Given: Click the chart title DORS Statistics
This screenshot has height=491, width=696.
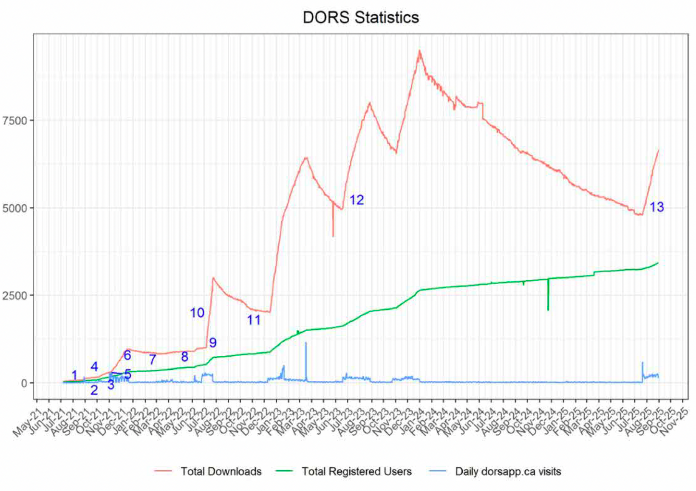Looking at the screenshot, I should point(361,17).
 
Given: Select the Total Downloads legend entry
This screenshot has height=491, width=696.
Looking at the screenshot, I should point(221,471).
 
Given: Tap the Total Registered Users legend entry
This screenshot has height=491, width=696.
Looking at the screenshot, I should point(356,471).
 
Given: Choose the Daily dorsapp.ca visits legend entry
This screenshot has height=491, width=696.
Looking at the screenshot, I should point(508,471).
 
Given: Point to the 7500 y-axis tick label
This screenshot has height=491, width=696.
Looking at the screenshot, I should point(15,120).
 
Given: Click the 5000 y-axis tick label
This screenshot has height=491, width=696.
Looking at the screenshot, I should point(15,208).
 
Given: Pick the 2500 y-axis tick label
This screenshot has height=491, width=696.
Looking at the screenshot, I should point(15,295).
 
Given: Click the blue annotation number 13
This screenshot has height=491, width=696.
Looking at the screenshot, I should point(656,207).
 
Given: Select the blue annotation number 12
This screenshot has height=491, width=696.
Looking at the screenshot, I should point(356,200).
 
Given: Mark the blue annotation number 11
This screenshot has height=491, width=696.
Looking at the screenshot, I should point(254,320).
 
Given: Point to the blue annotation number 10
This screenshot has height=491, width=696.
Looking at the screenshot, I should point(197,313).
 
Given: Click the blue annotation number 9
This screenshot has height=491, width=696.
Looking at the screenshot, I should point(213,343).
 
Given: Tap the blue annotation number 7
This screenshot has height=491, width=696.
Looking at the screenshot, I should point(153,360).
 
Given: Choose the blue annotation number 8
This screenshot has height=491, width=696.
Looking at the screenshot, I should point(184,357).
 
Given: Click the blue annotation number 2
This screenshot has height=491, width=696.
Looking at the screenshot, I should point(94,390).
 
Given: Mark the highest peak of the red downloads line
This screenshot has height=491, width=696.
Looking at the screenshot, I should point(419,51).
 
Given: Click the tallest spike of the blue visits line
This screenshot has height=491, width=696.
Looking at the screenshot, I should point(306,343).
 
